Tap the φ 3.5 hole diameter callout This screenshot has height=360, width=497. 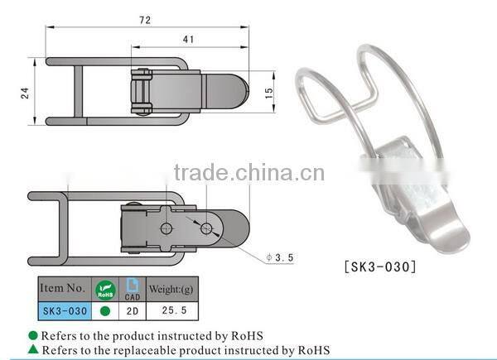coord(279,258)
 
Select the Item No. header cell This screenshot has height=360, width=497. coord(62,289)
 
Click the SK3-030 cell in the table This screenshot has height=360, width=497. coord(62,310)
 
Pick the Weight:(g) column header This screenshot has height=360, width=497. coord(172,289)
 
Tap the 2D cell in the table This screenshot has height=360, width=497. coord(131,310)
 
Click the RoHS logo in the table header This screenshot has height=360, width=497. coord(104,289)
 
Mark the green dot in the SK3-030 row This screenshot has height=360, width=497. coord(104,310)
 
